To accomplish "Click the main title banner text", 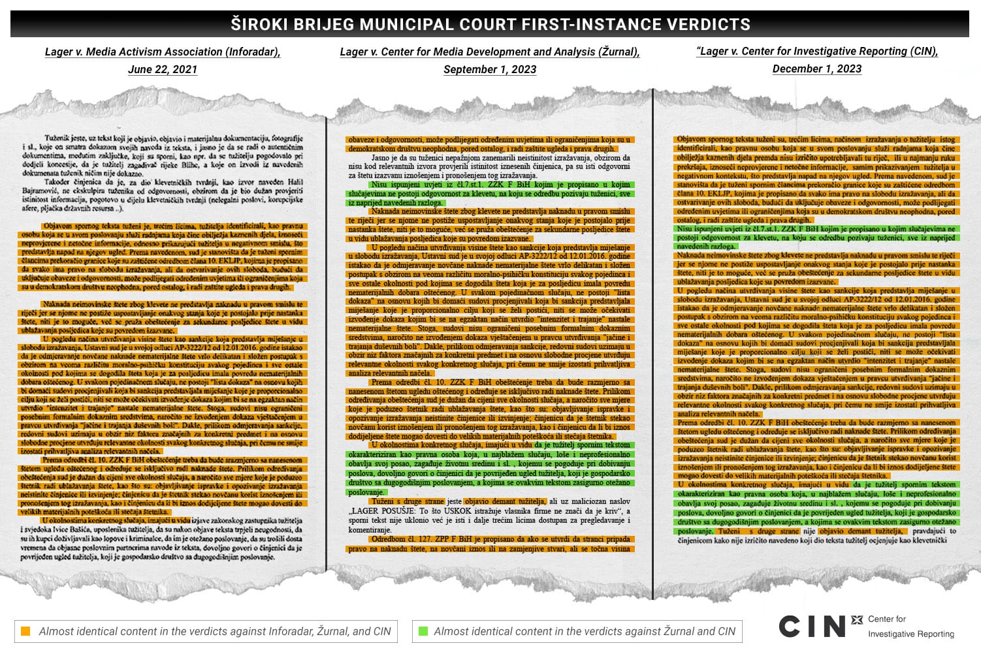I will pyautogui.click(x=490, y=25).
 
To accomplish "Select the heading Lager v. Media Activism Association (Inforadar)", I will pyautogui.click(x=163, y=52).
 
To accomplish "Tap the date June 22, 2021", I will pyautogui.click(x=163, y=69).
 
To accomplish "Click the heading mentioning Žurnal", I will pyautogui.click(x=490, y=52).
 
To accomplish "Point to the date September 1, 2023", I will pyautogui.click(x=490, y=69).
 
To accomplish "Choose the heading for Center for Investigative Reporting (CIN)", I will pyautogui.click(x=817, y=52).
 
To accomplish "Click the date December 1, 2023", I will pyautogui.click(x=817, y=69).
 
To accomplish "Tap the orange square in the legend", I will pyautogui.click(x=25, y=631).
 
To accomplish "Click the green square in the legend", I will pyautogui.click(x=423, y=631).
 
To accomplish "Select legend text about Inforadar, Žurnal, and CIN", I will pyautogui.click(x=215, y=631).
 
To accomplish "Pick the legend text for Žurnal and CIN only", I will pyautogui.click(x=585, y=631).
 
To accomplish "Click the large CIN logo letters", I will pyautogui.click(x=812, y=626).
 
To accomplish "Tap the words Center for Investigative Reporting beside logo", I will pyautogui.click(x=910, y=626).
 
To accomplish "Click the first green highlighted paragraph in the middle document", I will pyautogui.click(x=490, y=194).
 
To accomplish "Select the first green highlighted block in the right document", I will pyautogui.click(x=816, y=238).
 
